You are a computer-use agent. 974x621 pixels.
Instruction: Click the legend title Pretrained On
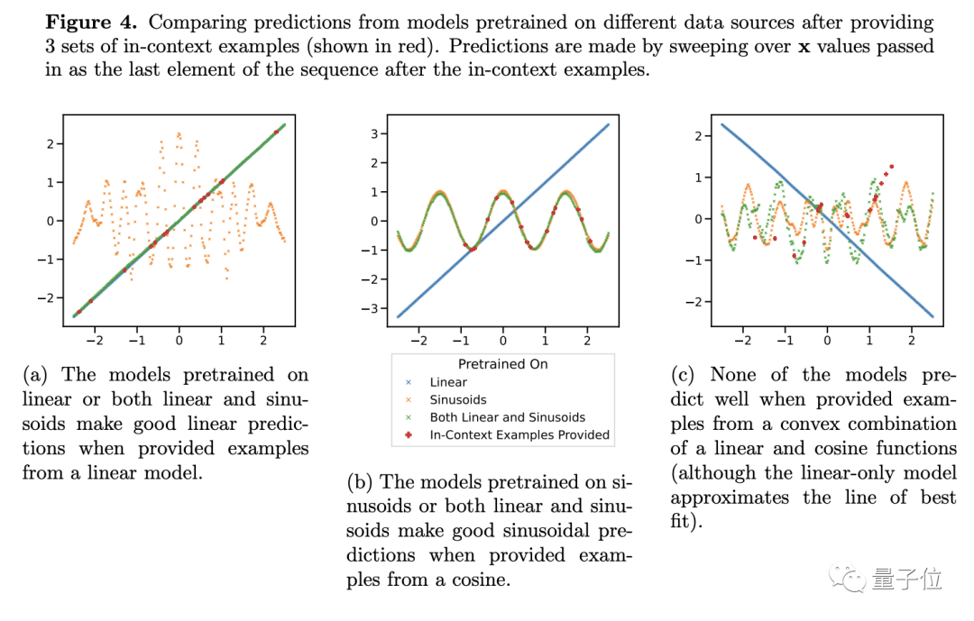(502, 364)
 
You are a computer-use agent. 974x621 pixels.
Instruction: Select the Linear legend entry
(448, 382)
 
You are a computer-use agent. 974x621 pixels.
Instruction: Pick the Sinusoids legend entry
(458, 399)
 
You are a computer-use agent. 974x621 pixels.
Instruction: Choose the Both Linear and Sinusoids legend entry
(507, 417)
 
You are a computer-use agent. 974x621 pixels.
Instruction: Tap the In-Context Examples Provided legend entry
(519, 434)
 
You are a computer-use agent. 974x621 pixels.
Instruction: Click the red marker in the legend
(410, 434)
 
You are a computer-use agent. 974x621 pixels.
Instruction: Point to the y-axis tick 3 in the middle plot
(382, 134)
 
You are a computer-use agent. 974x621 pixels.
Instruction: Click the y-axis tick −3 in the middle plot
(379, 308)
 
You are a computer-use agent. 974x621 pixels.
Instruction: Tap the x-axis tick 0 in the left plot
(179, 342)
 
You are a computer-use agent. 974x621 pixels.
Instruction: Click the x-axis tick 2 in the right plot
(912, 342)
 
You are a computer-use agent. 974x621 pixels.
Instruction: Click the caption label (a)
(37, 375)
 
